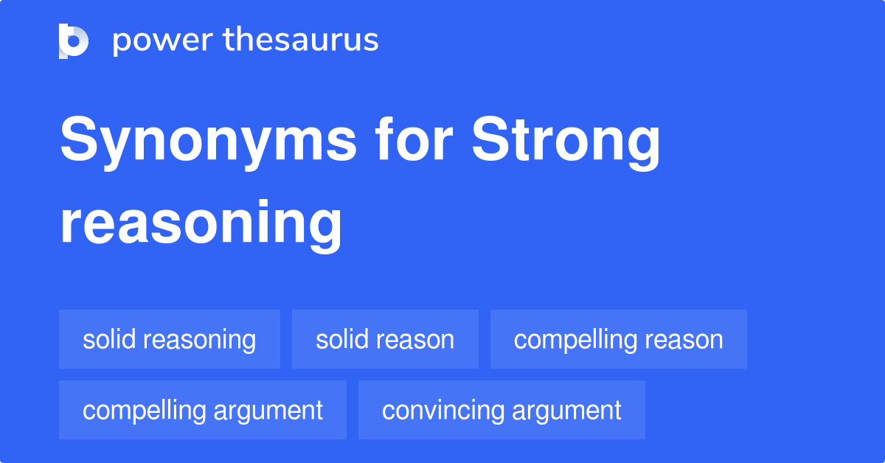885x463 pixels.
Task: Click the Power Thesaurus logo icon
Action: (73, 41)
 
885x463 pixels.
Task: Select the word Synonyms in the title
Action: (208, 142)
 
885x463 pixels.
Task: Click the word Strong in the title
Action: (566, 142)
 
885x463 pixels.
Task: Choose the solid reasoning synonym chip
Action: (170, 339)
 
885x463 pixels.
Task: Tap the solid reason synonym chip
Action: (385, 339)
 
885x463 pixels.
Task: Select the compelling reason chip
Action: (618, 339)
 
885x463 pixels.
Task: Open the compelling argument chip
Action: (203, 410)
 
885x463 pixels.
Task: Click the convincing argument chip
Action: (502, 410)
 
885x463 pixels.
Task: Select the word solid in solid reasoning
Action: (109, 339)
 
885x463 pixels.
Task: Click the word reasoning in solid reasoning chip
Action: (200, 340)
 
